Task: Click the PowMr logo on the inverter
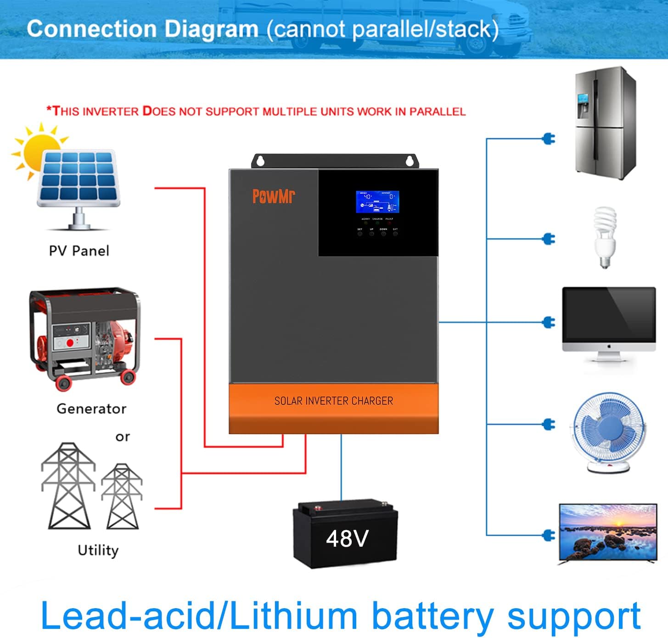pyautogui.click(x=274, y=196)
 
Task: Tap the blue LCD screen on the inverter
pyautogui.click(x=377, y=202)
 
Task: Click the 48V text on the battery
pyautogui.click(x=347, y=538)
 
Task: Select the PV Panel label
pyautogui.click(x=79, y=251)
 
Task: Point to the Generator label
pyautogui.click(x=91, y=409)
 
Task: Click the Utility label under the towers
pyautogui.click(x=98, y=550)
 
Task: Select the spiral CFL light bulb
pyautogui.click(x=605, y=236)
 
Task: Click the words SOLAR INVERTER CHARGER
pyautogui.click(x=334, y=401)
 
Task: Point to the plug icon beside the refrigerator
pyautogui.click(x=549, y=138)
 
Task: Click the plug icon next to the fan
pyautogui.click(x=549, y=424)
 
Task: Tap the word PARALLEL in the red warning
pyautogui.click(x=437, y=112)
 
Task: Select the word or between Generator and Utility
pyautogui.click(x=123, y=437)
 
